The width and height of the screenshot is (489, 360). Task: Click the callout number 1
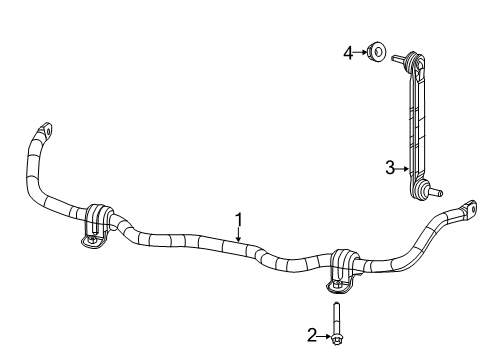tap(239, 218)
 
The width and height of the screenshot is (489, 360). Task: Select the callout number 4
tap(348, 50)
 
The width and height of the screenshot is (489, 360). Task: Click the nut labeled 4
tap(375, 50)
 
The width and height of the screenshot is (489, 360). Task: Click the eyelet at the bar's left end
tap(44, 129)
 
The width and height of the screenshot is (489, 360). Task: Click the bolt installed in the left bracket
tap(91, 240)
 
